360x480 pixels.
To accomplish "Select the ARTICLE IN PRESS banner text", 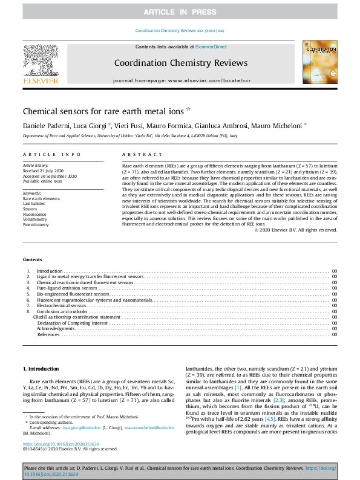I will coord(180,12).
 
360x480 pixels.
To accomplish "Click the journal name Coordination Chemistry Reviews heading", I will coord(180,63).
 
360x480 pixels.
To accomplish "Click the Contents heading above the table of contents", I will coord(33,259).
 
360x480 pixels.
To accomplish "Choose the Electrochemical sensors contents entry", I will coord(62,306).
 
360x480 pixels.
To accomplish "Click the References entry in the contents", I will coord(48,334).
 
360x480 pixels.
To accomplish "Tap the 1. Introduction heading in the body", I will coord(41,369).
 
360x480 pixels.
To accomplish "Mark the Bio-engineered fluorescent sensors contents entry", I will coord(73,294).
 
